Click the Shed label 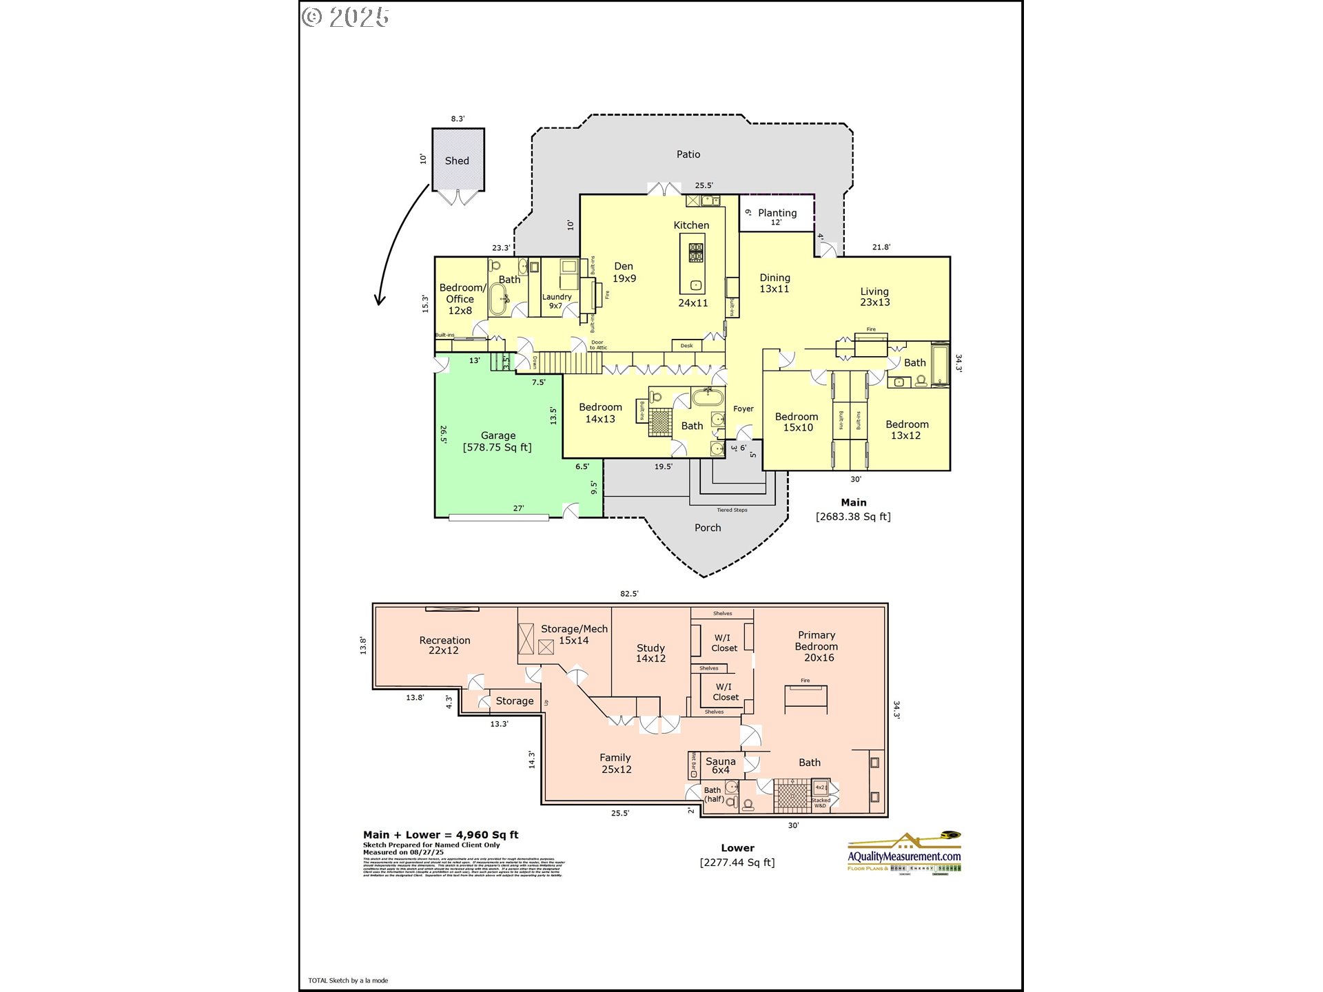(x=457, y=161)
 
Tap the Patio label (x=688, y=154)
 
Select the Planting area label (x=777, y=214)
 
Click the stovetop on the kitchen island (x=696, y=253)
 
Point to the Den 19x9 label (x=624, y=272)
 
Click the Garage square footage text (x=498, y=448)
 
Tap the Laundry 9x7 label (x=556, y=301)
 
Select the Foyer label (x=743, y=409)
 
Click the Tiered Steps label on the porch (x=732, y=510)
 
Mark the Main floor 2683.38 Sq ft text (x=853, y=517)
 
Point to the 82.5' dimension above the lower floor (x=629, y=593)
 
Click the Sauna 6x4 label (x=721, y=765)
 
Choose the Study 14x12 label (x=650, y=653)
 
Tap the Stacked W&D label (x=820, y=803)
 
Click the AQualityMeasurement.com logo (x=903, y=856)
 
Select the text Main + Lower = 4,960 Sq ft (x=441, y=835)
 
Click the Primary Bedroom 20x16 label (x=817, y=646)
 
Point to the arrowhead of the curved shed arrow (x=379, y=301)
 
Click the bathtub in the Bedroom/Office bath (x=498, y=299)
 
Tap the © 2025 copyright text (x=345, y=17)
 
